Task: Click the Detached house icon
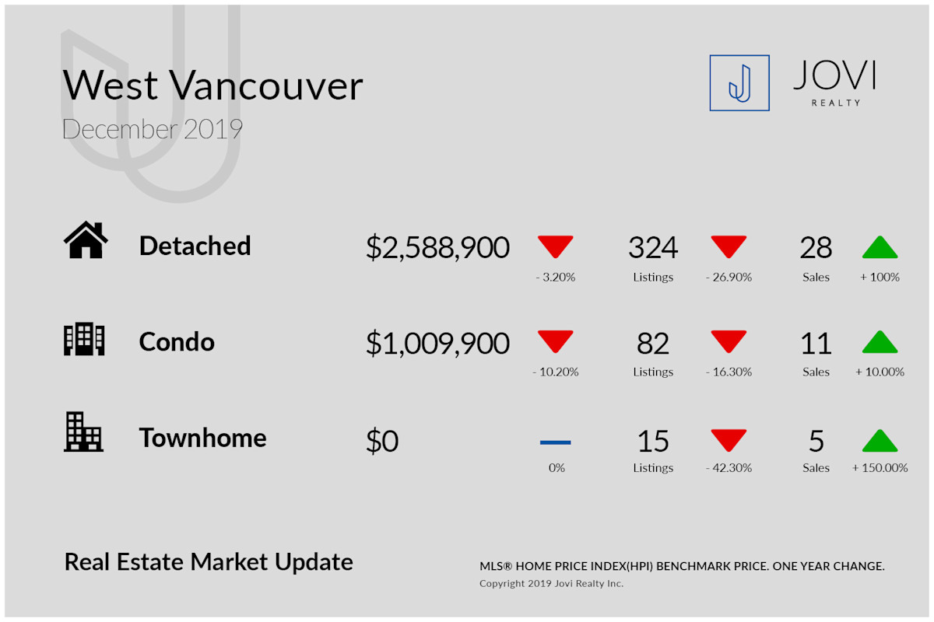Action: coord(86,239)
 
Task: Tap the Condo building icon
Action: coord(84,339)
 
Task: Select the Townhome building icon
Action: coord(83,432)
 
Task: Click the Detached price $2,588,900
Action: coord(437,247)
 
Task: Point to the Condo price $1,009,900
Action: coord(437,344)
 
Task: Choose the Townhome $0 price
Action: coord(382,440)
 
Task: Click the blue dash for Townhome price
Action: coord(556,442)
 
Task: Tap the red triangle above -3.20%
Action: coord(556,246)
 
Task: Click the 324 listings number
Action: coord(653,247)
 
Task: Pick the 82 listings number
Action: coord(653,344)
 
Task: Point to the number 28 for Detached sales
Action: coord(816,247)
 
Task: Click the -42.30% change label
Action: coord(729,468)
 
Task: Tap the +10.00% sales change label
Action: coord(880,372)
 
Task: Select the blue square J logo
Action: coord(739,83)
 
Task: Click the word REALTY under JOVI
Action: coord(836,103)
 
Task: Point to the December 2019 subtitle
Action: coord(153,129)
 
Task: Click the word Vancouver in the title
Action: coord(266,86)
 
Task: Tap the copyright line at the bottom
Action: coord(551,584)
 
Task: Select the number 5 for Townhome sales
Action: coord(816,441)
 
